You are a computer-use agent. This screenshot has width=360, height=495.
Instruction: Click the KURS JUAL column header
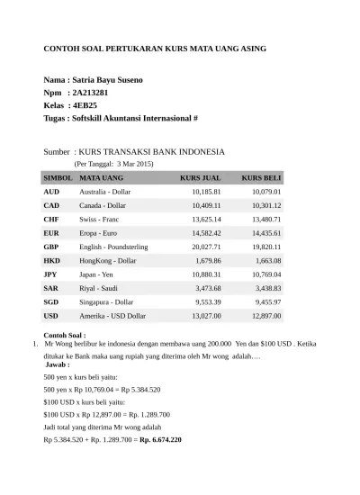point(200,178)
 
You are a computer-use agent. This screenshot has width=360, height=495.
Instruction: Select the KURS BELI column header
point(261,178)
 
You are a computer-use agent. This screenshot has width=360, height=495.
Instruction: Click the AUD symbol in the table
point(51,192)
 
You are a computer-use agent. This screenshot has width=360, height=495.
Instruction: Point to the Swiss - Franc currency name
point(99,220)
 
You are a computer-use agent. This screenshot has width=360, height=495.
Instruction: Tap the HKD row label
point(51,260)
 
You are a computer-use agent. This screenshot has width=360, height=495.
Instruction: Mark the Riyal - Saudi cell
point(98,288)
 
